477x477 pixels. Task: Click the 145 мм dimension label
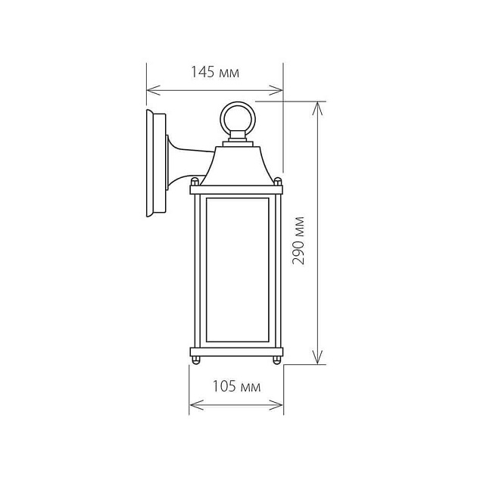click(x=214, y=73)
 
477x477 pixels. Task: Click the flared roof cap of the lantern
click(x=236, y=165)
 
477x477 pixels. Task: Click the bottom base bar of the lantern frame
click(x=236, y=351)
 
